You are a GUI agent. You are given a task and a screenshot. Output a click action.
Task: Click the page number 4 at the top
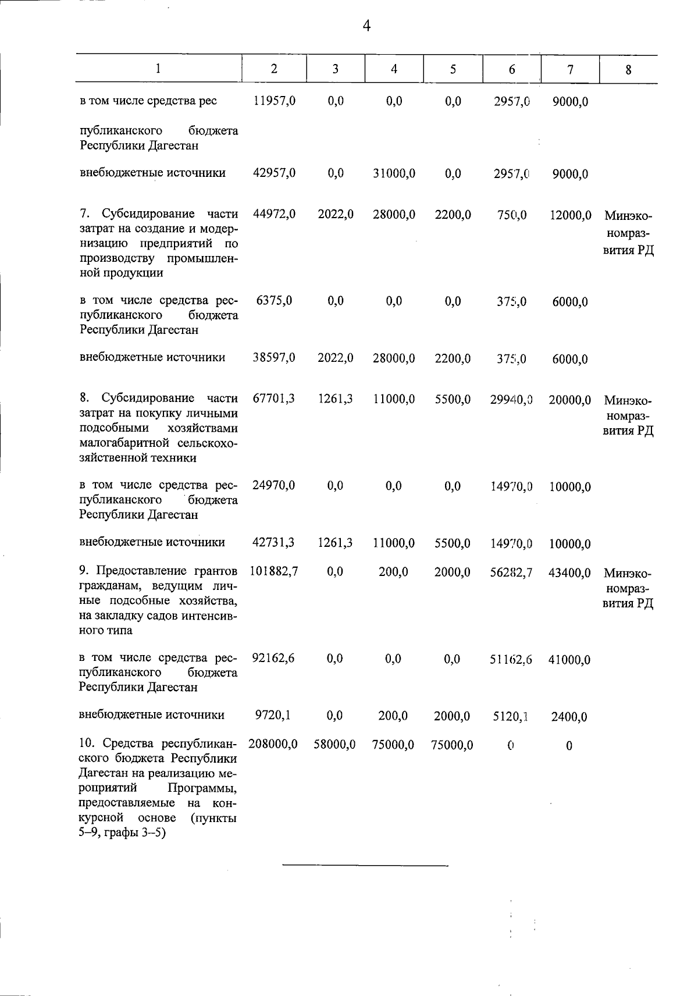click(366, 26)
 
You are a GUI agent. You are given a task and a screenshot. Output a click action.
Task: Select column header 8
click(628, 70)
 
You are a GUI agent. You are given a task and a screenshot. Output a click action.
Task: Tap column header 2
click(274, 69)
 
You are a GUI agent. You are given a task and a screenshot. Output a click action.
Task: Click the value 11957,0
click(275, 101)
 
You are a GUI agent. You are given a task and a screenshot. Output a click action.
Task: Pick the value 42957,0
click(275, 173)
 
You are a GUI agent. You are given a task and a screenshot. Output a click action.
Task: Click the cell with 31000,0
click(394, 173)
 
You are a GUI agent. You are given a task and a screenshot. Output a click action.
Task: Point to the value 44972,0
click(275, 215)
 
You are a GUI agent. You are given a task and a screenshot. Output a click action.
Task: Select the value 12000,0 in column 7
click(570, 215)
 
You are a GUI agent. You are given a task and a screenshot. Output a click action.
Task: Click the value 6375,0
click(274, 300)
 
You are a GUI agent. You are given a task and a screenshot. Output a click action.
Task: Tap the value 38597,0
click(275, 358)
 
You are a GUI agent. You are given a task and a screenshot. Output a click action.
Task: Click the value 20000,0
click(570, 400)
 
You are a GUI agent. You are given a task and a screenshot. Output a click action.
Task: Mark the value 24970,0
click(274, 485)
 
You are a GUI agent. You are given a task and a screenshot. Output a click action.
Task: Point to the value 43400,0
click(569, 573)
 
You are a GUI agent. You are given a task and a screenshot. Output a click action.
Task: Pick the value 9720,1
click(273, 715)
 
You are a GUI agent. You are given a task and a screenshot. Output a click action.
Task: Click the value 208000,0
click(273, 744)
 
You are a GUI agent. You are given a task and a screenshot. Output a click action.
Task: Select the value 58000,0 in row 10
click(334, 745)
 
